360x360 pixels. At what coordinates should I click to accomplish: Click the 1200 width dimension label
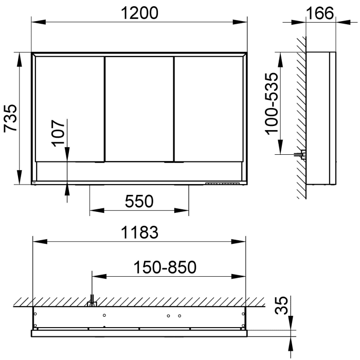tap(140, 14)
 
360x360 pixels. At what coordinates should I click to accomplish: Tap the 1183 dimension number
tap(140, 232)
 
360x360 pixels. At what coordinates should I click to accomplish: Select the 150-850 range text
tap(165, 267)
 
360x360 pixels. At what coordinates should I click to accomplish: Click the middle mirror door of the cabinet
tap(139, 108)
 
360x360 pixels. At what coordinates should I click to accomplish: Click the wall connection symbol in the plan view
tap(92, 303)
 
